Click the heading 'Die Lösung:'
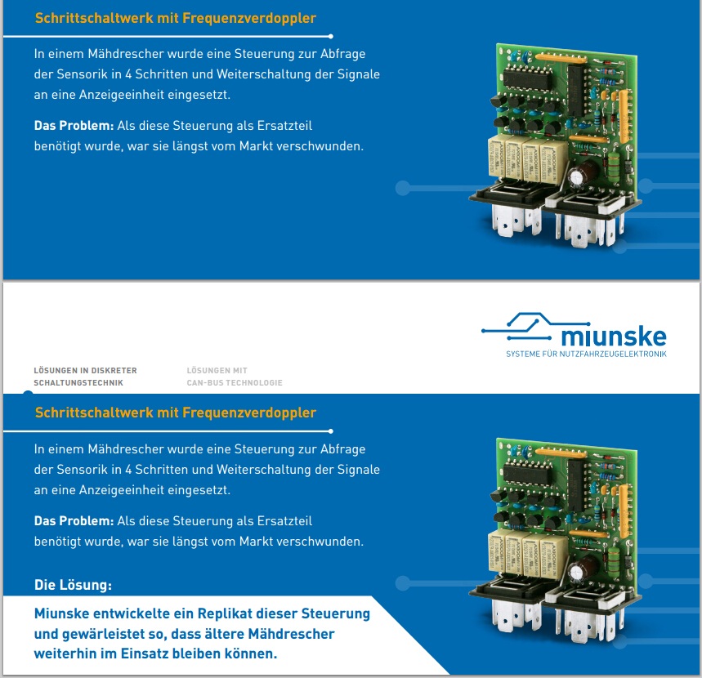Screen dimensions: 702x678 point(73,585)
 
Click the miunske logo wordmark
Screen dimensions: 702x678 point(614,337)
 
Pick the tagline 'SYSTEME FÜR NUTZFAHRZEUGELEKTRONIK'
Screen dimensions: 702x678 point(586,354)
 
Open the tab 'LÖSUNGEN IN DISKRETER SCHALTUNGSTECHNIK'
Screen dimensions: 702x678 point(85,377)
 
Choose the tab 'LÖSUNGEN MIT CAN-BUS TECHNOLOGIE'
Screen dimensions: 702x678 point(235,377)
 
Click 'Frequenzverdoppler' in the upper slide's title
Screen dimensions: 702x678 point(249,18)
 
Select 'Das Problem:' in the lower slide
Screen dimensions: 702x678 point(74,521)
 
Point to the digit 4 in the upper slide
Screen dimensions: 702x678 point(128,74)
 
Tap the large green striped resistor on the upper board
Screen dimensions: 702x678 point(614,165)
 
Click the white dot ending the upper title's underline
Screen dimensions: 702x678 point(331,36)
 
